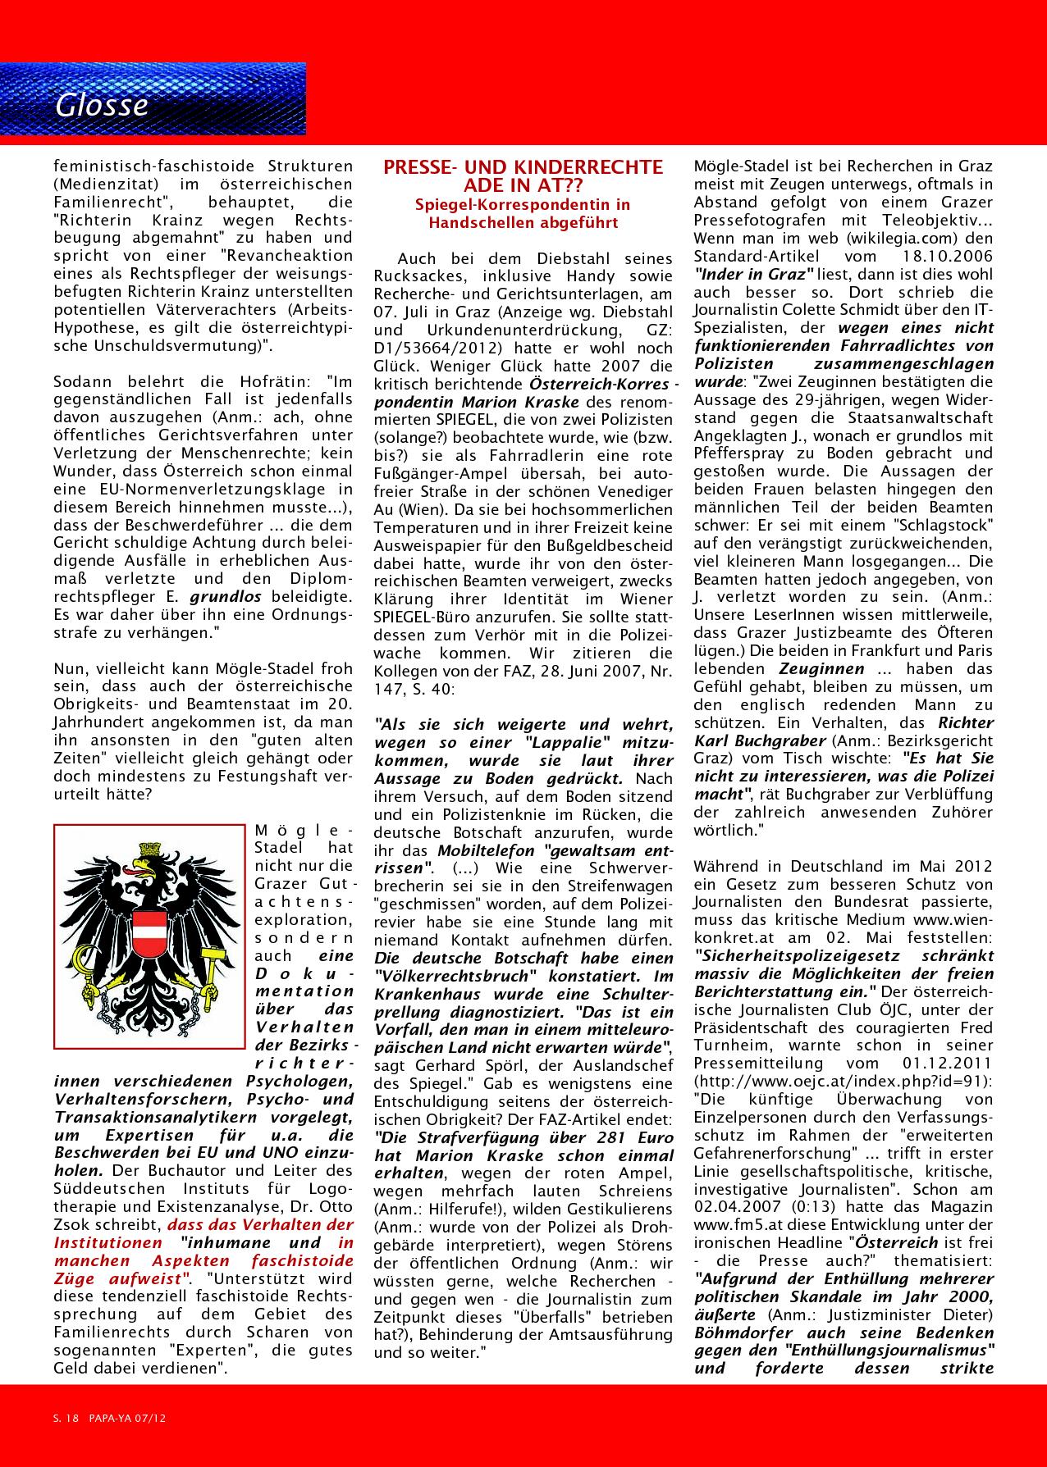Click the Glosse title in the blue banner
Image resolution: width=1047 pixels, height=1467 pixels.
click(x=101, y=106)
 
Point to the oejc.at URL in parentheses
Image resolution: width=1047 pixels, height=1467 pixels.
click(x=843, y=1082)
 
